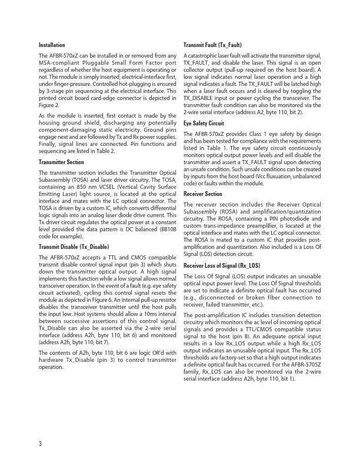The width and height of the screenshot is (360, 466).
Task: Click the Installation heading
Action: [52, 45]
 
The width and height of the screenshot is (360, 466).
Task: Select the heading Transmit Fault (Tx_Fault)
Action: [212, 45]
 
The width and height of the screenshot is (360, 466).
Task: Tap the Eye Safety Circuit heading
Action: [204, 124]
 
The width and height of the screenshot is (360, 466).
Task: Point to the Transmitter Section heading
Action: [61, 161]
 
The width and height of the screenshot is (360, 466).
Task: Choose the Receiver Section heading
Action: [203, 194]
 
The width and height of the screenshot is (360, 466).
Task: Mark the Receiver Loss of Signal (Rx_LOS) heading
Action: [222, 265]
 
